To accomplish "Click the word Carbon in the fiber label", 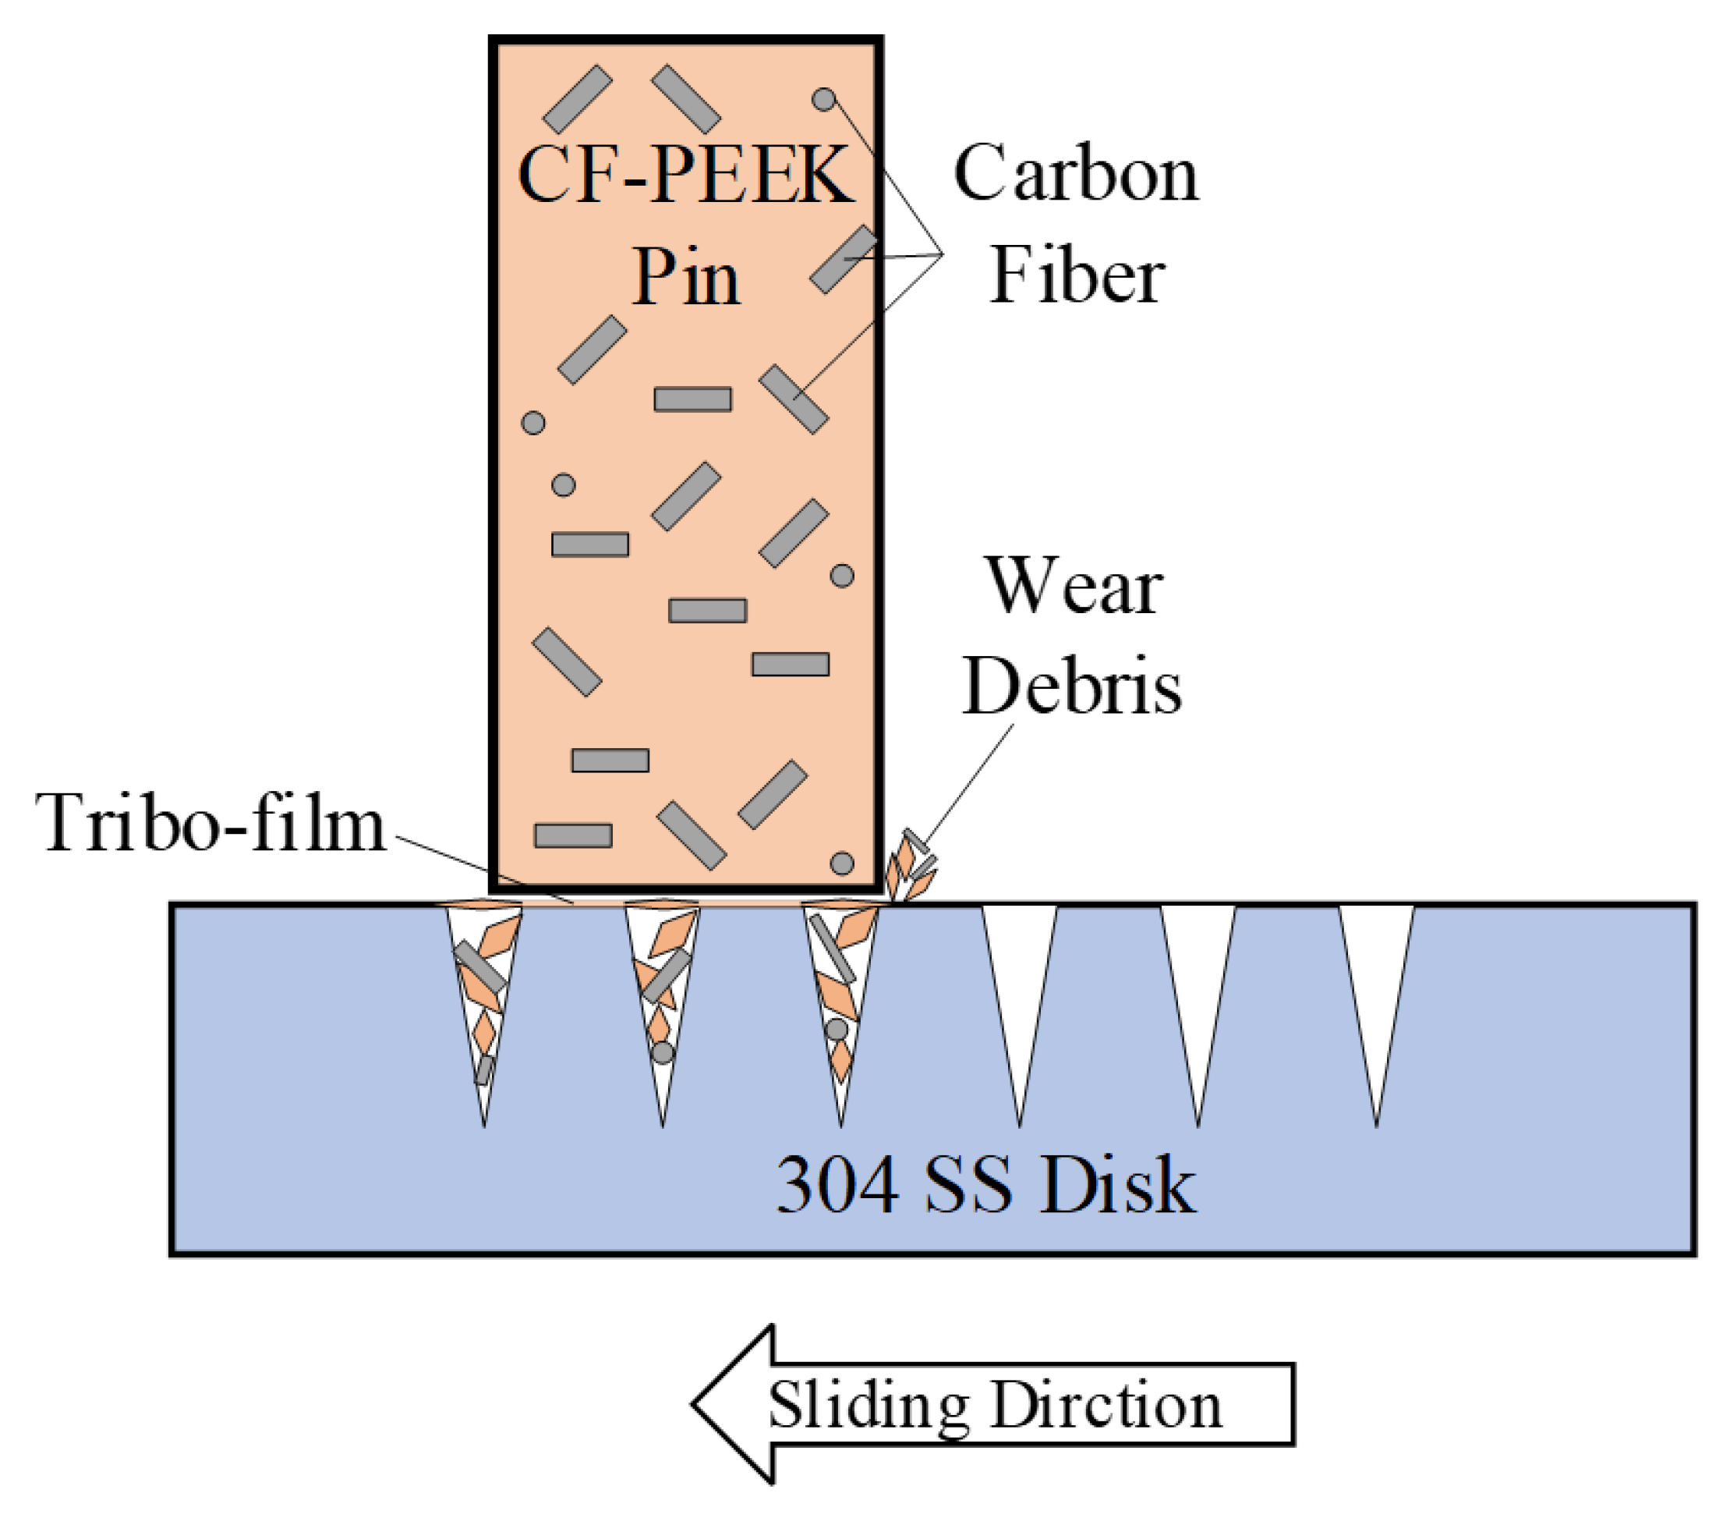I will [1076, 173].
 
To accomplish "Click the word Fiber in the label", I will [1077, 275].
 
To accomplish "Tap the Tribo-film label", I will [210, 824].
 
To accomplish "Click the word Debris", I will [1071, 686].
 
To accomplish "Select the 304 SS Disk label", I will [985, 1185].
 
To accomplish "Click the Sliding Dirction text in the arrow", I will [995, 1406].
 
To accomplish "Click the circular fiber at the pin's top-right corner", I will [823, 100].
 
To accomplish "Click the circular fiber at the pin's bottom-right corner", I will [841, 864].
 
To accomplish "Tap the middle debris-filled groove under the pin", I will [663, 991].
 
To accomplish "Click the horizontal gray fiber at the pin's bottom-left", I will [573, 835].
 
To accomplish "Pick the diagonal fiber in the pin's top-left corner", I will [577, 99].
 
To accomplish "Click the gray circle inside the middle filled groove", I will [663, 1053].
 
